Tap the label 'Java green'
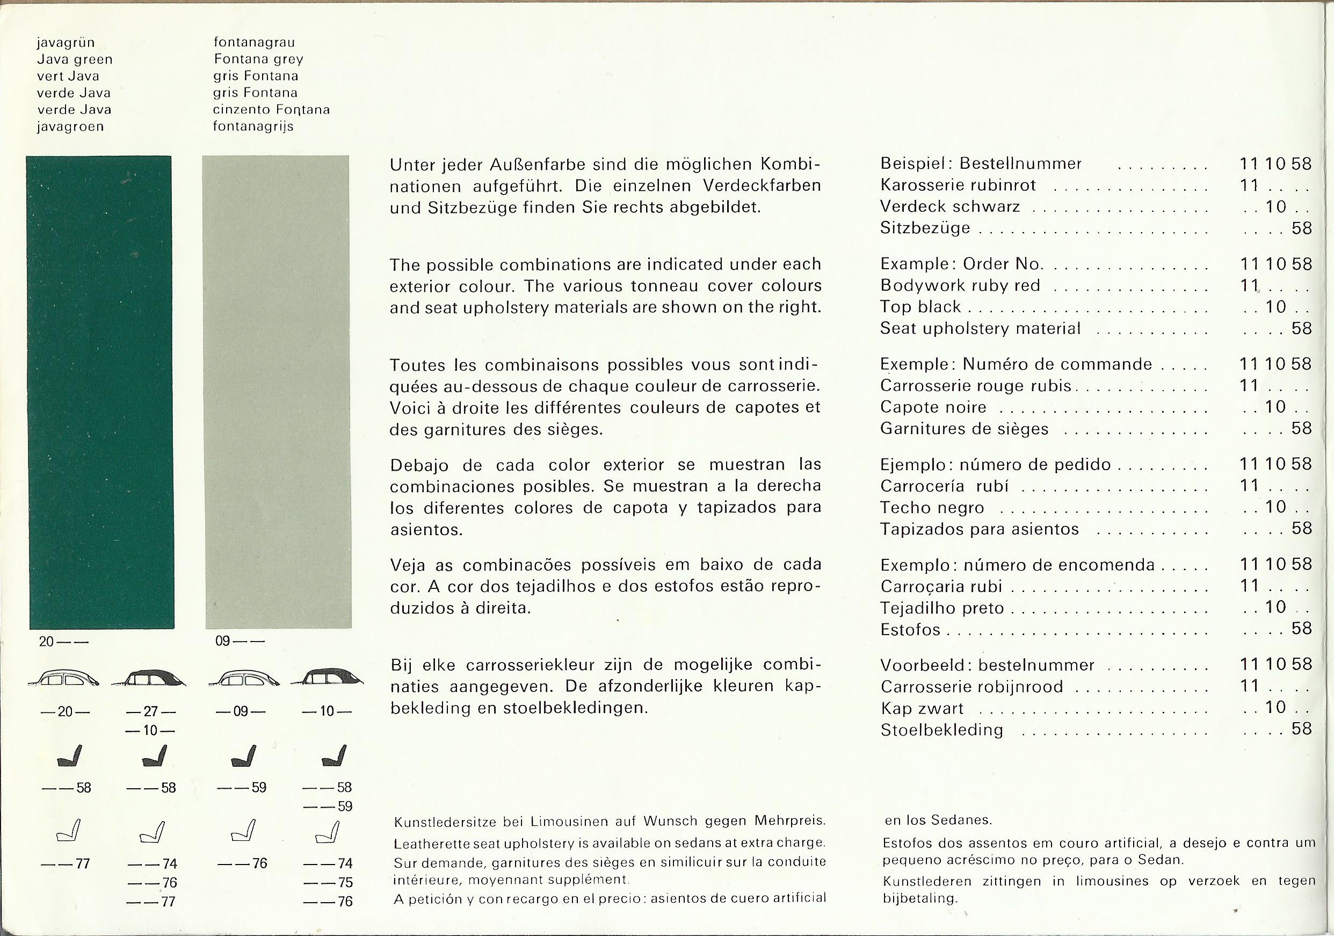click(74, 59)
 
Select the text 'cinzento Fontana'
click(271, 109)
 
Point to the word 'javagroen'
click(70, 126)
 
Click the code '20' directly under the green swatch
click(47, 642)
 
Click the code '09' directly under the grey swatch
click(222, 642)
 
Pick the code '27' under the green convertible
click(150, 711)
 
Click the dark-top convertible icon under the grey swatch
click(327, 678)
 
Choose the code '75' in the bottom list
click(345, 882)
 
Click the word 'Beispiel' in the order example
click(908, 163)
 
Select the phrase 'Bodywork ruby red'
click(960, 285)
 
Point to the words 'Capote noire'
click(933, 407)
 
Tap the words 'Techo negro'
click(932, 508)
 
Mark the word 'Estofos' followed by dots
click(910, 630)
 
